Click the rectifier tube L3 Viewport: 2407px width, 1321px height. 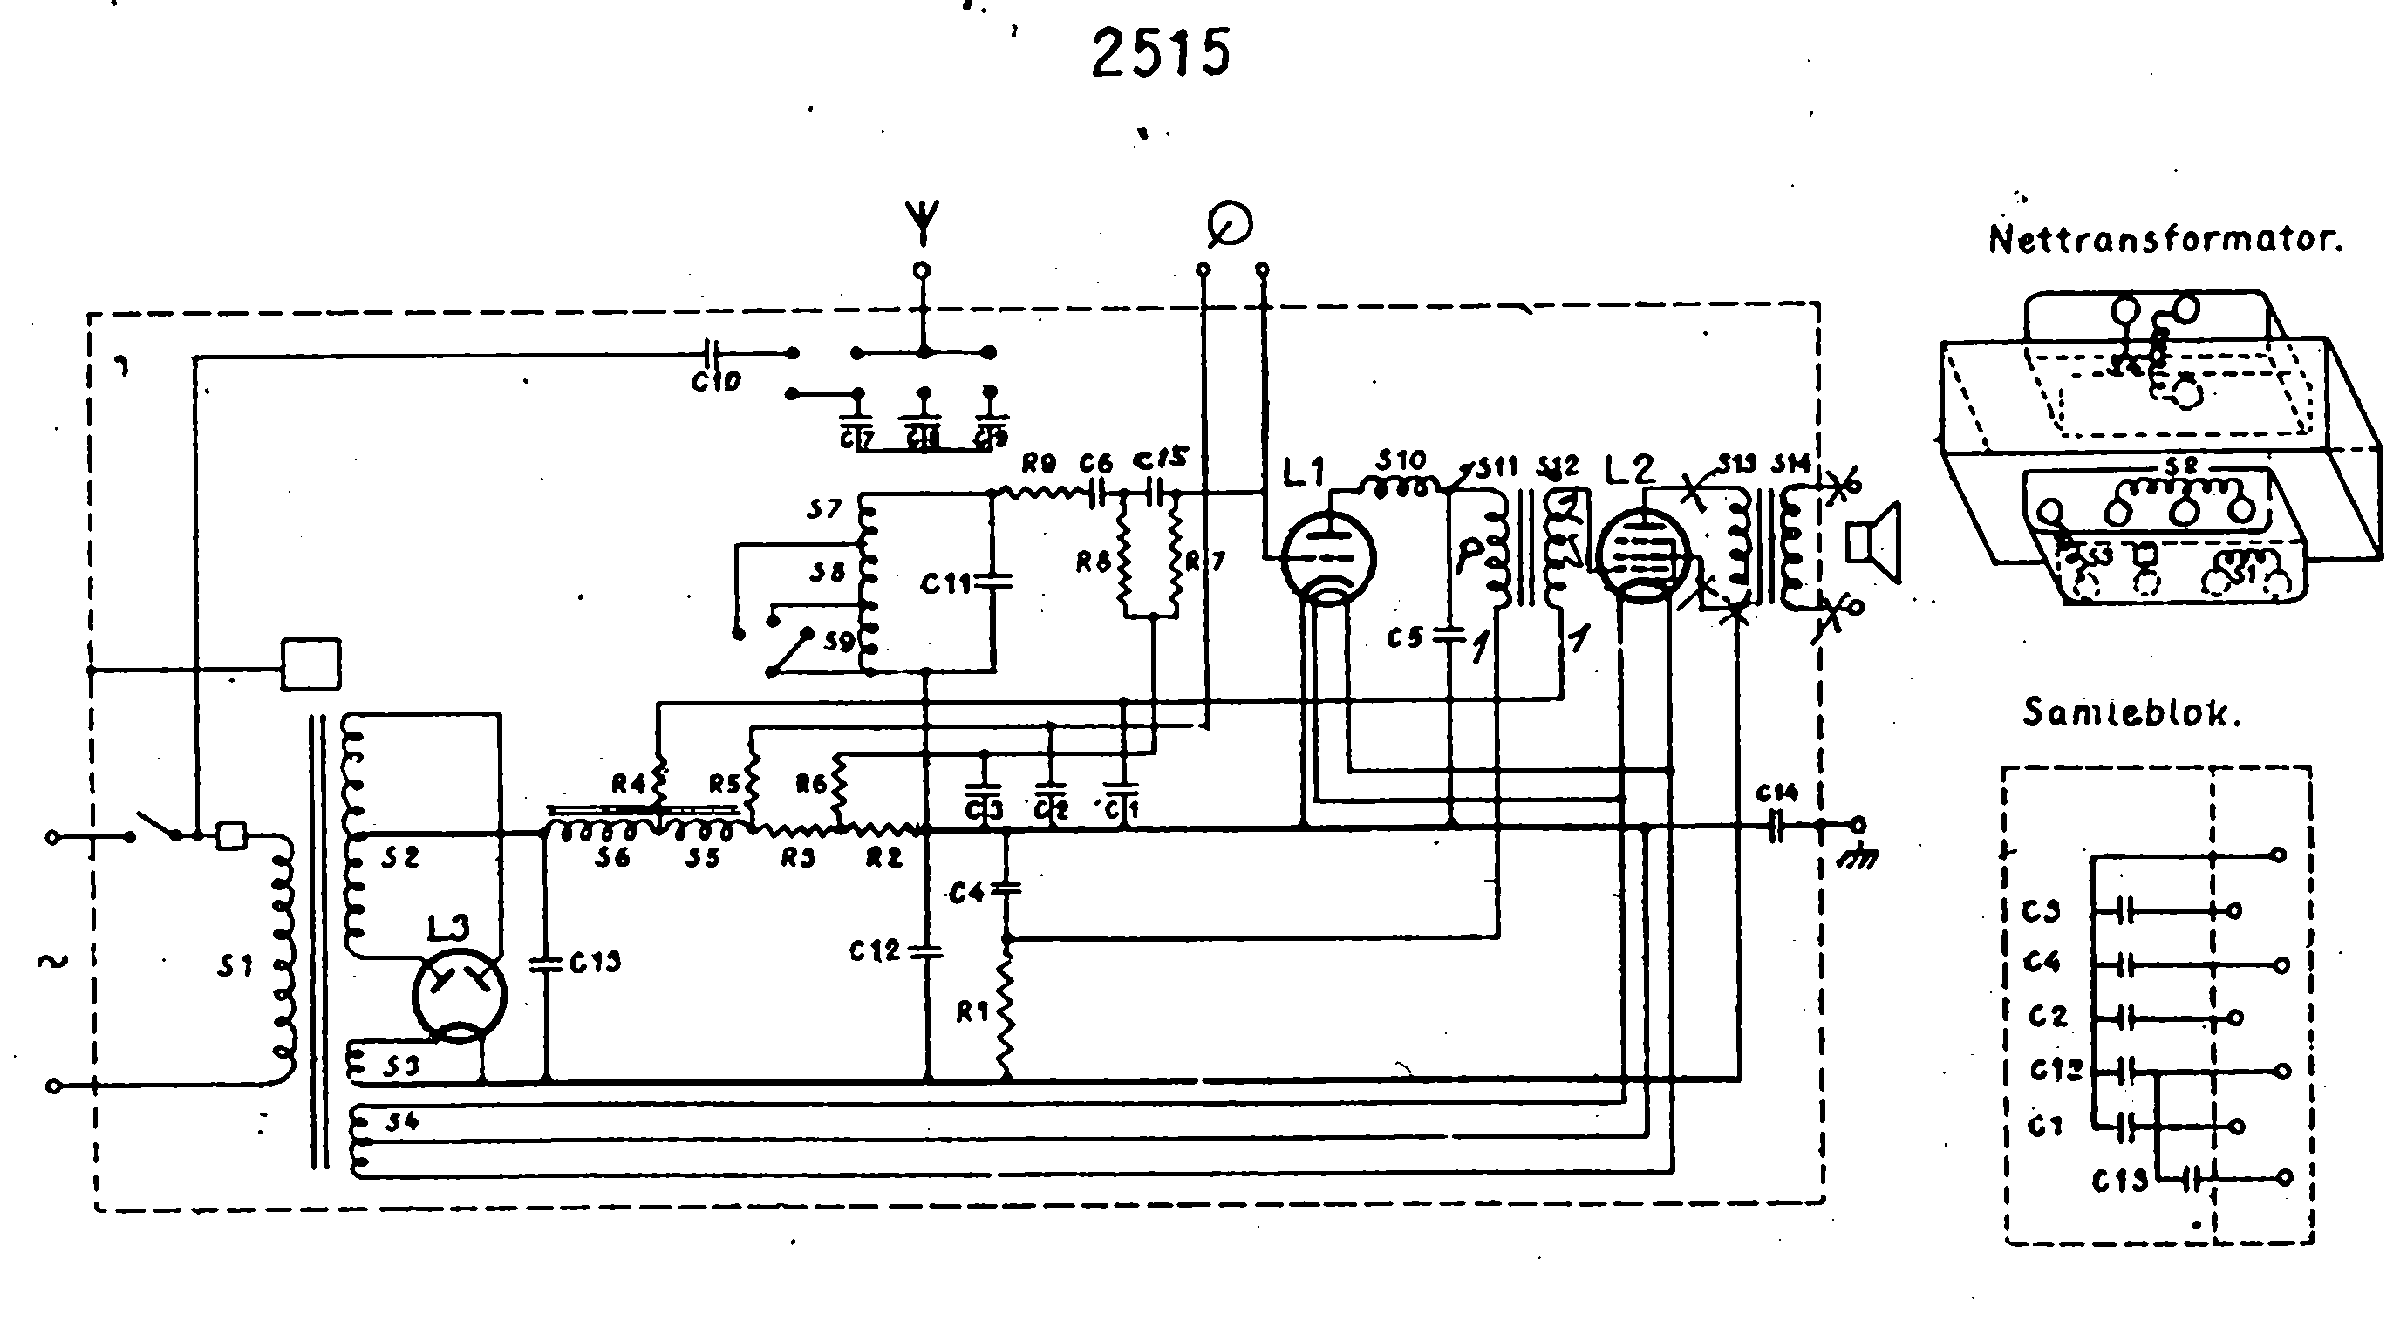pyautogui.click(x=459, y=994)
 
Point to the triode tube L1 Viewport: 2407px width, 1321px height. pyautogui.click(x=1326, y=558)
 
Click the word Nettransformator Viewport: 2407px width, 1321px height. pyautogui.click(x=2165, y=240)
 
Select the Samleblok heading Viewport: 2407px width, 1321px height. pyautogui.click(x=2131, y=714)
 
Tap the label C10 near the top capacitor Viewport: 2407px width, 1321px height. pyautogui.click(x=716, y=381)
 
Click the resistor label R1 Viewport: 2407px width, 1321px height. pyautogui.click(x=972, y=1012)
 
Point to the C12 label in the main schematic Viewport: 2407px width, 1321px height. pyautogui.click(x=874, y=951)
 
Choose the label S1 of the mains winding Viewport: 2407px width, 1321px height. pyautogui.click(x=235, y=967)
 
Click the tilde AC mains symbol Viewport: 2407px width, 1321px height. pyautogui.click(x=52, y=960)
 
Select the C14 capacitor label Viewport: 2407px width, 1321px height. pyautogui.click(x=1776, y=794)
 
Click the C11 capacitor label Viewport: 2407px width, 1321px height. pyautogui.click(x=945, y=585)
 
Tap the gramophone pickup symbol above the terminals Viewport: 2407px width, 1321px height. pyautogui.click(x=1230, y=225)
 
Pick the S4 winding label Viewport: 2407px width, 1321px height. pyautogui.click(x=401, y=1122)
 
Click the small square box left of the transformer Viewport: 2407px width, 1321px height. pyautogui.click(x=311, y=664)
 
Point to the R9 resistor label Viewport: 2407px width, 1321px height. pyautogui.click(x=1039, y=462)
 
